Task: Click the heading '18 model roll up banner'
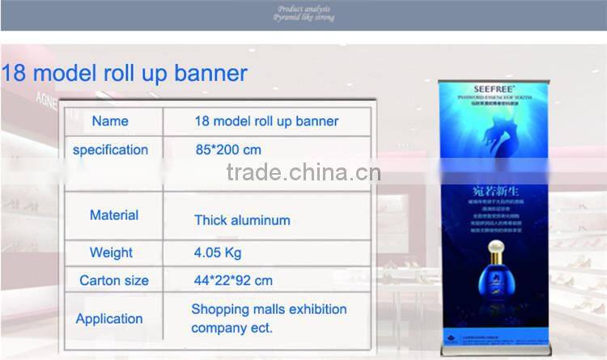click(124, 74)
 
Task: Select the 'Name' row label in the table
click(110, 121)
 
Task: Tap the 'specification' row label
click(110, 150)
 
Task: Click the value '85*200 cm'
click(228, 150)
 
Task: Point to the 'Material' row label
click(113, 215)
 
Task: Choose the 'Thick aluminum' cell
click(242, 220)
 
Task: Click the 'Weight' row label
click(111, 252)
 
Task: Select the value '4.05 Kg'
click(218, 252)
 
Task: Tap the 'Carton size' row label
click(114, 281)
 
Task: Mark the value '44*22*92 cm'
click(233, 281)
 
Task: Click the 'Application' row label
click(109, 319)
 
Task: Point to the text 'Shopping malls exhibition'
click(269, 309)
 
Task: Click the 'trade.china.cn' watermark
click(303, 173)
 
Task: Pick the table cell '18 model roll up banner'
click(266, 121)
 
